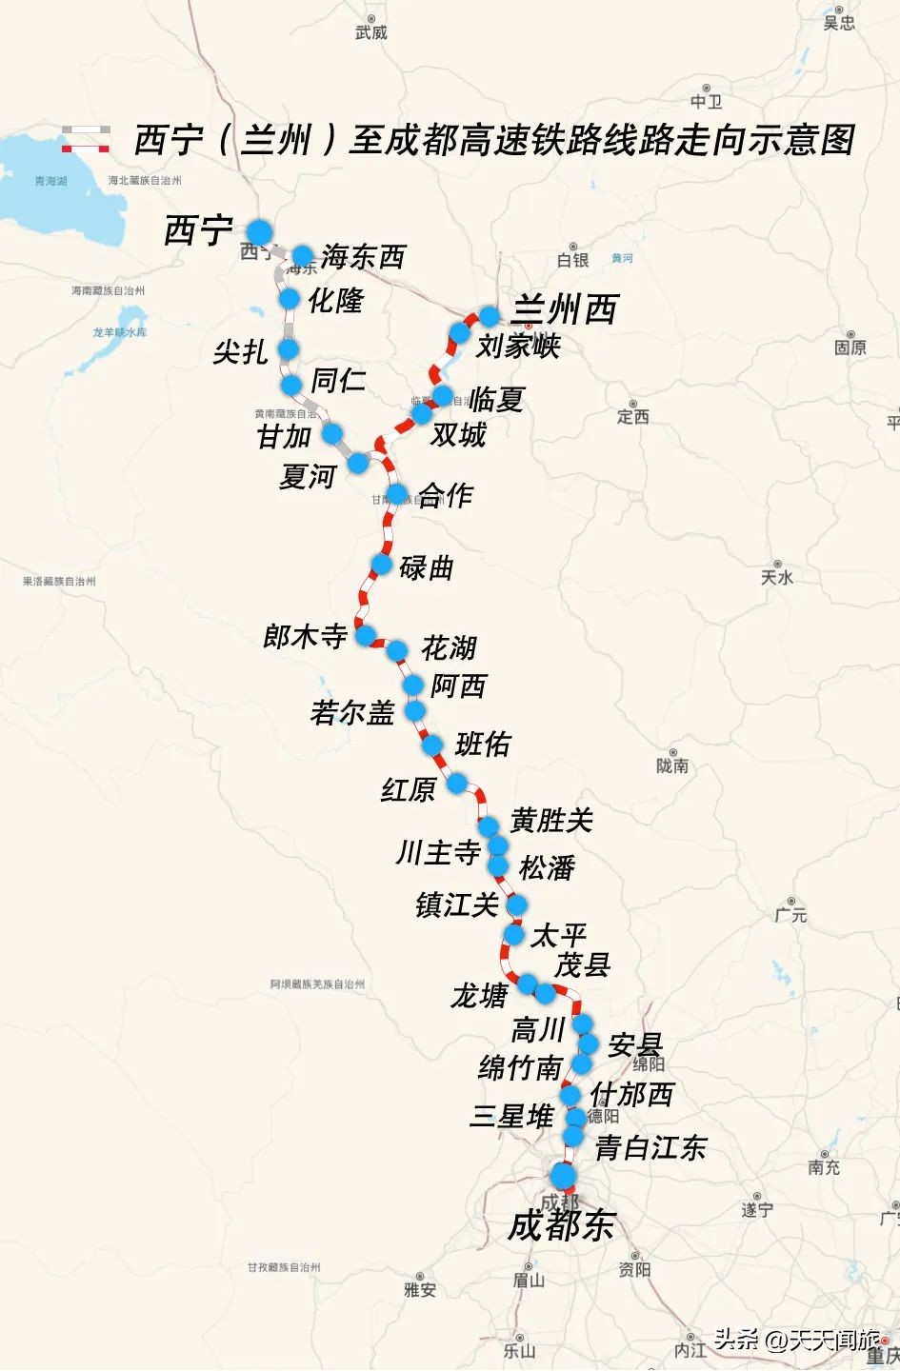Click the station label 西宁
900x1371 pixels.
click(198, 230)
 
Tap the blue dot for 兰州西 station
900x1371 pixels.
click(490, 316)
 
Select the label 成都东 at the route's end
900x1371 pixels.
click(561, 1225)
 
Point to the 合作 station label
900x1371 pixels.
click(445, 495)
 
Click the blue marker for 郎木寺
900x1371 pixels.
click(365, 635)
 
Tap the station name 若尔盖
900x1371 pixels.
click(352, 712)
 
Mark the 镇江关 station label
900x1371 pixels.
click(457, 904)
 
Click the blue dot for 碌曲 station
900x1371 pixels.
click(381, 565)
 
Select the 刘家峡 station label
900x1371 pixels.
click(518, 346)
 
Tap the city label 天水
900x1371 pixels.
click(777, 577)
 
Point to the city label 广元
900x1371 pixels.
click(790, 915)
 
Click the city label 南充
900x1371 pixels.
click(823, 1167)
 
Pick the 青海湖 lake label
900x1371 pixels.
click(50, 181)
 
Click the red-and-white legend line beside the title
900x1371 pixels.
click(86, 148)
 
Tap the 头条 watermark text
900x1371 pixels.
click(736, 1341)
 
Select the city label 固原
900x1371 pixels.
click(850, 348)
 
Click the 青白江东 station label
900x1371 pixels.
click(650, 1147)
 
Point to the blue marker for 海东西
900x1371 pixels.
click(303, 255)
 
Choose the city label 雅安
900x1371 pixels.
click(419, 1290)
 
